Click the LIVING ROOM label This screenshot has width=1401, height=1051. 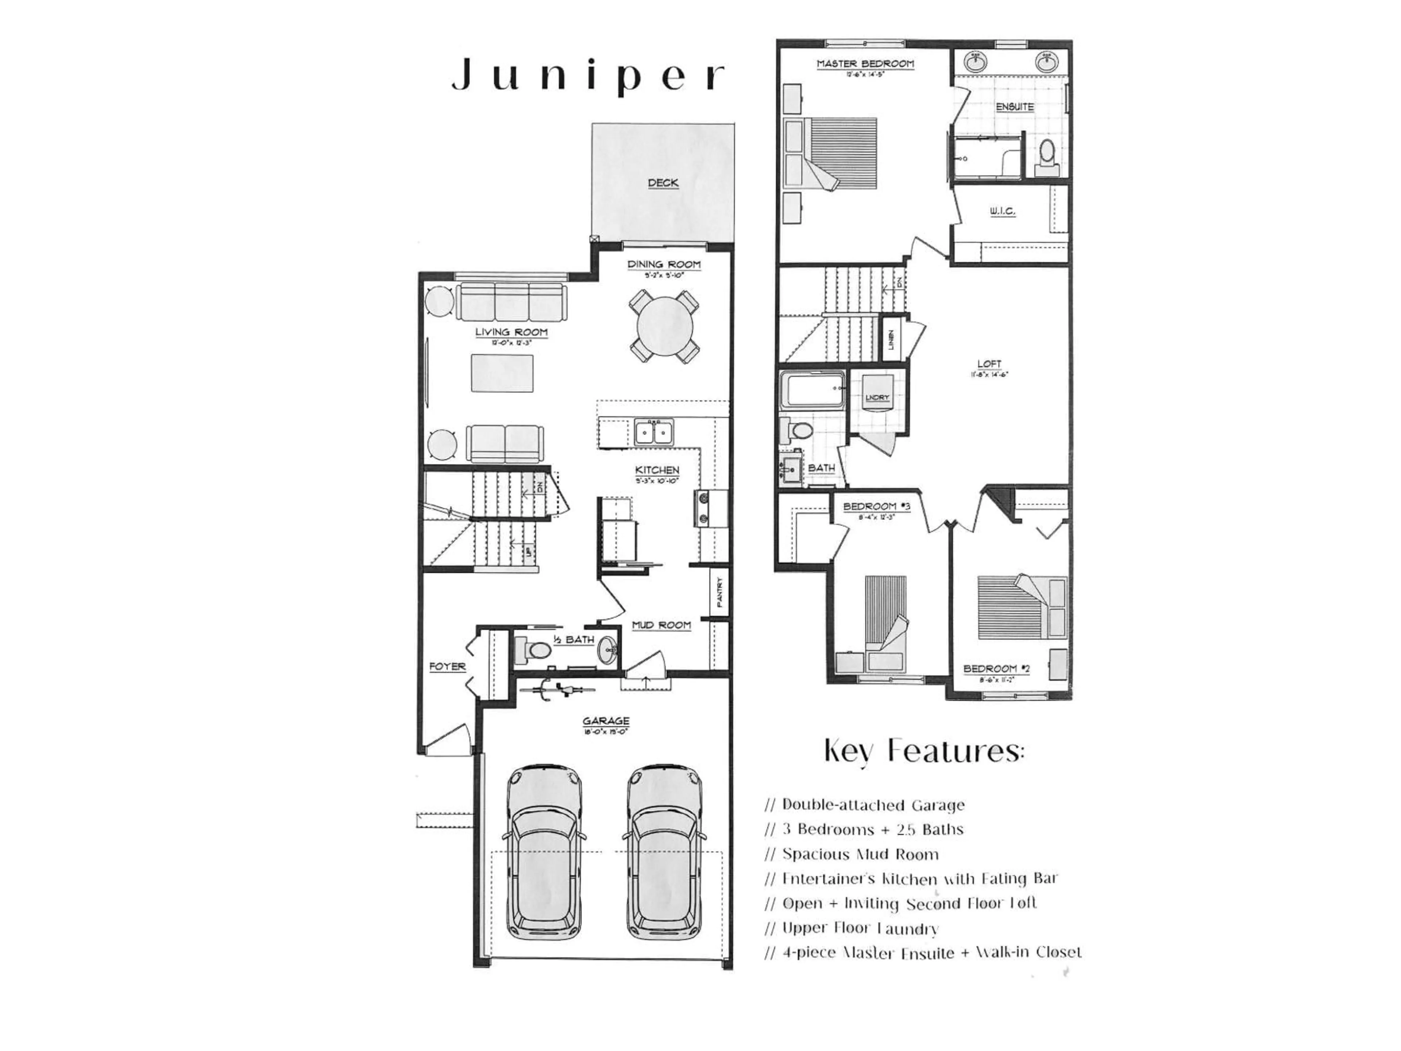point(511,332)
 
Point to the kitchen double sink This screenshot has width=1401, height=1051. point(654,433)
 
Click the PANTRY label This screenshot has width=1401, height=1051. point(719,592)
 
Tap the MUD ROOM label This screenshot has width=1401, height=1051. point(661,625)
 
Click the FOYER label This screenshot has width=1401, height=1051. point(447,666)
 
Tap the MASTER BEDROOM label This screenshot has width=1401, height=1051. point(865,64)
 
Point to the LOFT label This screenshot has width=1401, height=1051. point(989,363)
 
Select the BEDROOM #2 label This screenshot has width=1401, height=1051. point(996,669)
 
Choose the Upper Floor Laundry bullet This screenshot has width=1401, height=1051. point(852,929)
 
